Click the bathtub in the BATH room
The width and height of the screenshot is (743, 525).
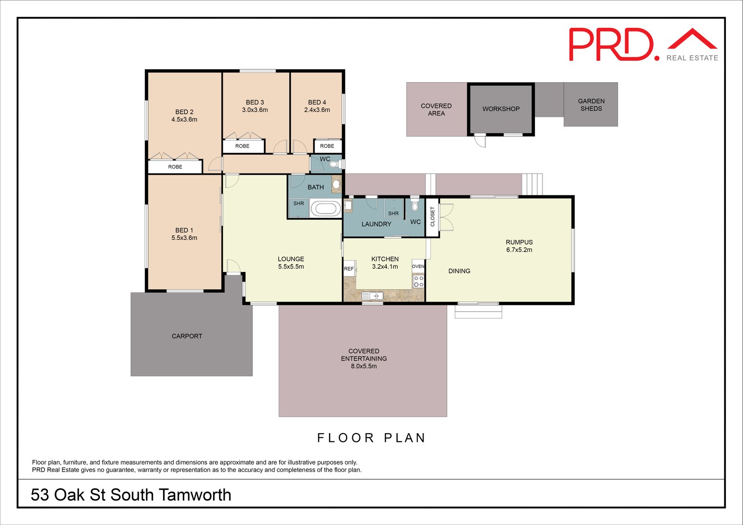click(325, 208)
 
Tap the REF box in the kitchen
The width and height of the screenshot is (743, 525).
click(349, 269)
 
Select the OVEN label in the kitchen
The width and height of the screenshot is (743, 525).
click(418, 266)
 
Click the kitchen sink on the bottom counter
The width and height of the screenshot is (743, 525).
click(372, 295)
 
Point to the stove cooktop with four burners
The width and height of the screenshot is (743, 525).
click(418, 281)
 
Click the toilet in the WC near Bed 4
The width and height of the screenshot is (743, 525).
click(335, 164)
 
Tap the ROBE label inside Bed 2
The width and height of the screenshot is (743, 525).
click(175, 167)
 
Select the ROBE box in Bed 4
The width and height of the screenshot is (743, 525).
click(327, 146)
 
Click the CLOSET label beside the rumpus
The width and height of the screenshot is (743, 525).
click(432, 217)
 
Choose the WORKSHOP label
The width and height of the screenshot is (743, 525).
click(501, 109)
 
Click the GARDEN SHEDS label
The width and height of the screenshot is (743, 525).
click(591, 104)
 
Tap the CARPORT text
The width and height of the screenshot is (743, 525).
click(187, 336)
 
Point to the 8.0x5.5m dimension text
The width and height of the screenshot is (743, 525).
click(364, 366)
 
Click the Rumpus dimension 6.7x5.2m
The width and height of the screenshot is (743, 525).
click(519, 250)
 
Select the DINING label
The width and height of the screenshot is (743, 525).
click(459, 271)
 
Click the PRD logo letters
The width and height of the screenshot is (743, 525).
click(611, 45)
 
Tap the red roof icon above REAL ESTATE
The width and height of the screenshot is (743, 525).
click(692, 39)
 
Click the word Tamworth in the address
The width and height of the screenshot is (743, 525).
click(195, 495)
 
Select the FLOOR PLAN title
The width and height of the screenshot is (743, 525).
click(371, 438)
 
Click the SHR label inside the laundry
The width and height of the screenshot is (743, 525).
click(393, 214)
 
